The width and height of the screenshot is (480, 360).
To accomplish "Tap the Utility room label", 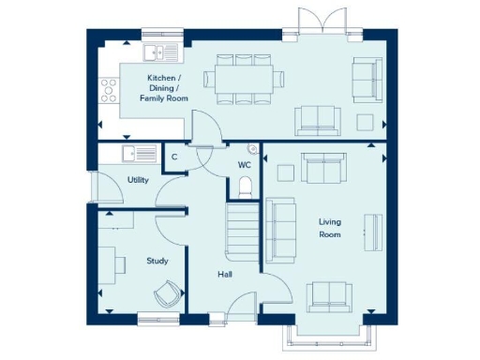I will tap(137, 179).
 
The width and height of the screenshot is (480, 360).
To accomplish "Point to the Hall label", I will tap(225, 275).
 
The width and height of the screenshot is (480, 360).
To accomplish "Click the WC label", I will tap(244, 164).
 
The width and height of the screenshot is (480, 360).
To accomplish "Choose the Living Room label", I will tap(329, 228).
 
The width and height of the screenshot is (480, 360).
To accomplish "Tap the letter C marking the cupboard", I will tap(173, 157).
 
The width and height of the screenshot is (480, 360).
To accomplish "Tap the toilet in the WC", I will tap(244, 188).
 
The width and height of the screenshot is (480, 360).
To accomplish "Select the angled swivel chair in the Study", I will tap(167, 292).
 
